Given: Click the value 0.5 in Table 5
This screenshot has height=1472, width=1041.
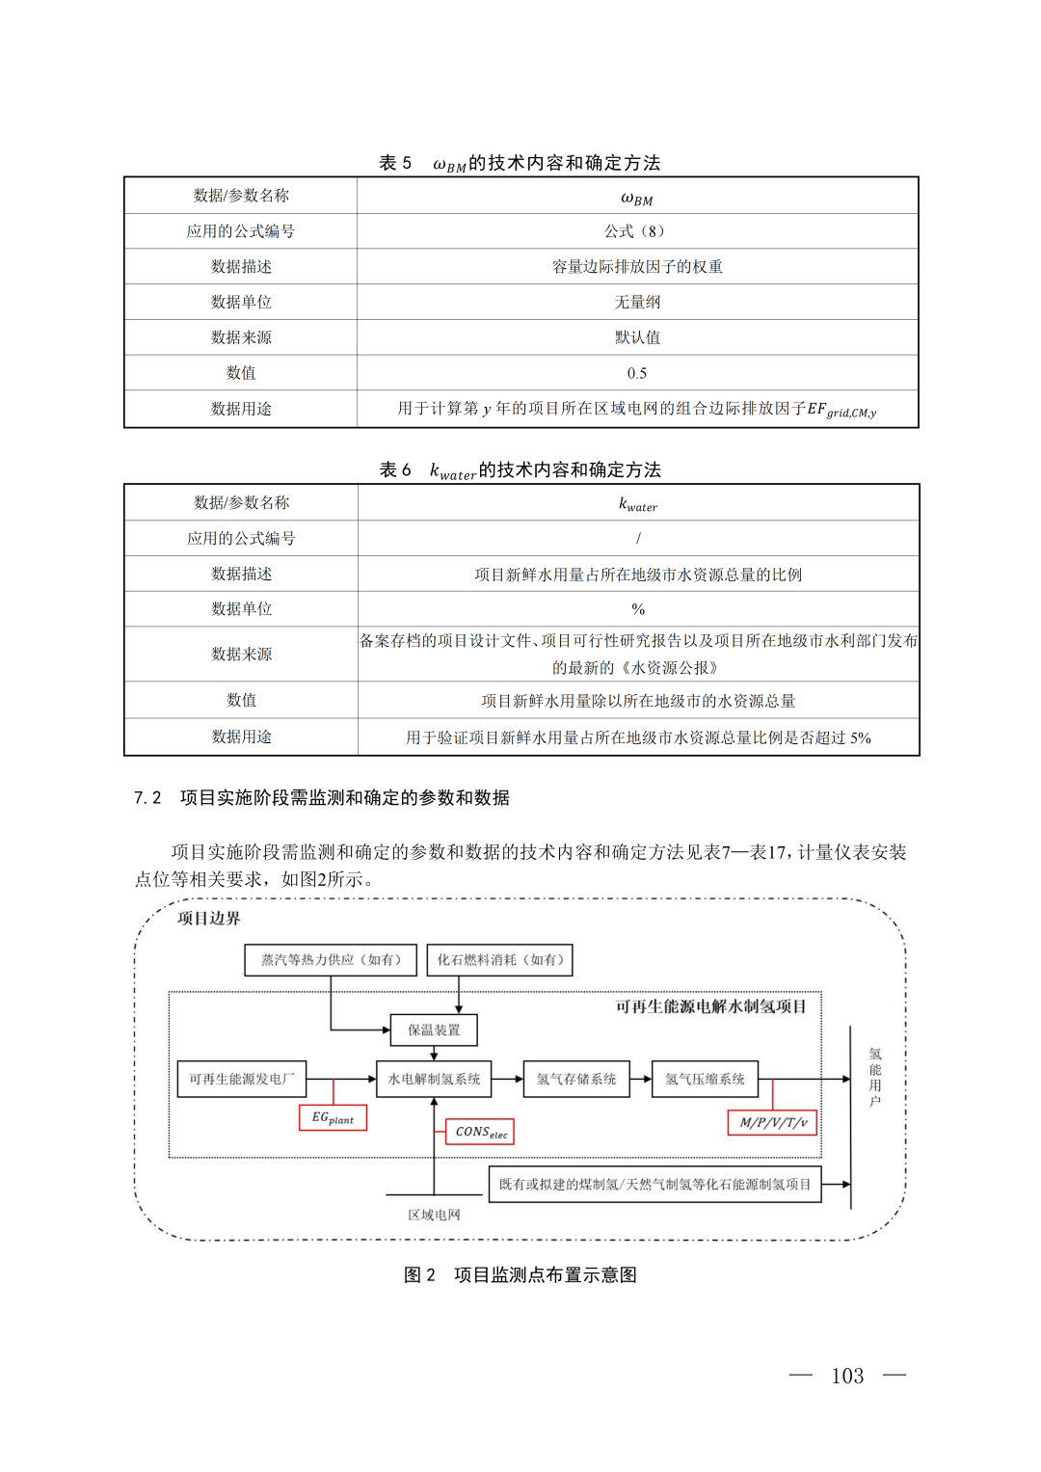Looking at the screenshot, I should coord(637,373).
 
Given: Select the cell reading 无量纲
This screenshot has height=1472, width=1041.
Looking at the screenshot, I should coord(637,302).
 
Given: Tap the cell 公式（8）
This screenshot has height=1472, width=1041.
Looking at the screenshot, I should coord(637,231).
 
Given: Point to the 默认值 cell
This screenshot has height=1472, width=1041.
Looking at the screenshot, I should coord(637,337).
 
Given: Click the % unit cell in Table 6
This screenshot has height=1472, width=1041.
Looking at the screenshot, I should coord(637,609).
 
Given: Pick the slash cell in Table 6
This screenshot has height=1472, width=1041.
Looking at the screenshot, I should coord(637,538).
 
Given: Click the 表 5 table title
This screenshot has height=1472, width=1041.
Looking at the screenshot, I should coord(520,163).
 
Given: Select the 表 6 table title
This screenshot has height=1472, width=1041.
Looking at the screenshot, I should coord(520,469).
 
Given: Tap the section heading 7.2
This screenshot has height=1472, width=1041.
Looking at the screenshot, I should coord(322,797).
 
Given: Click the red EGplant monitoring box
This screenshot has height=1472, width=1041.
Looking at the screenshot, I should coord(333,1118).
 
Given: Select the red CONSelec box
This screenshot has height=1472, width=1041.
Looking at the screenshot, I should coord(480,1132).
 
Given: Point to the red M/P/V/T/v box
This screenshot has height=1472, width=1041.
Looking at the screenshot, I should coord(773,1122).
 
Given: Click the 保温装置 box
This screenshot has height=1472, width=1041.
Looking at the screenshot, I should coord(434,1030).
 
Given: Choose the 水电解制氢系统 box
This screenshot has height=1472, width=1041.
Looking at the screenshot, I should coord(434,1079).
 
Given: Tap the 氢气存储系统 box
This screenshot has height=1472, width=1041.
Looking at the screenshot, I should coord(576,1079).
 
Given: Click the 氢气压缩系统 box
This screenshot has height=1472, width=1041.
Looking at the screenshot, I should coord(705,1079).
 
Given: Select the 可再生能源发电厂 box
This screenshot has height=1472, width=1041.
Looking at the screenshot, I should coord(242,1079).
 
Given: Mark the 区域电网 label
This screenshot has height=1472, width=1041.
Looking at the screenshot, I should coord(434,1215).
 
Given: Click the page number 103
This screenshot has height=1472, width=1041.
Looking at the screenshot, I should coord(847,1376).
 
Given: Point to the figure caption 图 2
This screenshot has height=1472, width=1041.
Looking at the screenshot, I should coord(520,1274).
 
